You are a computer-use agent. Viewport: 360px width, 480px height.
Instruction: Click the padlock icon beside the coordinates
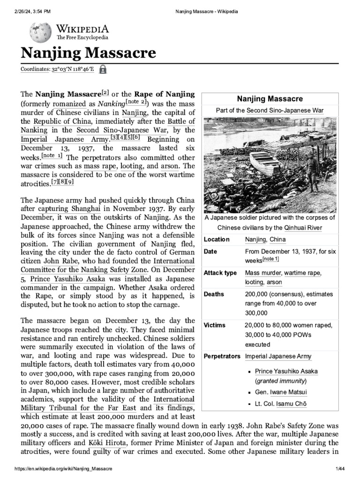pos(103,69)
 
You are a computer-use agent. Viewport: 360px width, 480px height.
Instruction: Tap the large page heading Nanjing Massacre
pos(88,52)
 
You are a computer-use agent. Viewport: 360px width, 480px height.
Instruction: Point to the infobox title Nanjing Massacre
pos(270,99)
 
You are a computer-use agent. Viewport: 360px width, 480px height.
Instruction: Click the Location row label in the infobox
pos(217,240)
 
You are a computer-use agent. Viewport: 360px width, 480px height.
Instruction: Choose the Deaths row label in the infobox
pos(214,294)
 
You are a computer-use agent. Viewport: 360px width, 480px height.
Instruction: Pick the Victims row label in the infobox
pos(215,325)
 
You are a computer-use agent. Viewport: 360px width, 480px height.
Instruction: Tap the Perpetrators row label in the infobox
pos(222,356)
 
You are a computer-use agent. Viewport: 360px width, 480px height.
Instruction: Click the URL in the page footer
pos(64,469)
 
